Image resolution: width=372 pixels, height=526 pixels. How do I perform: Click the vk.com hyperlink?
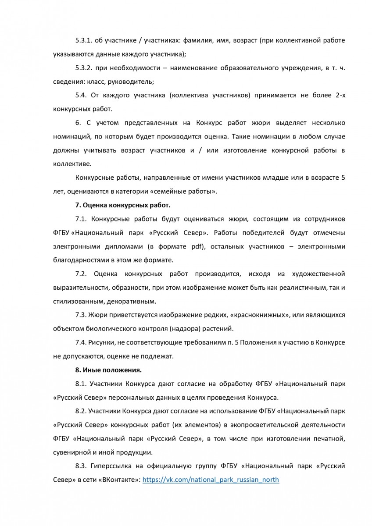211,480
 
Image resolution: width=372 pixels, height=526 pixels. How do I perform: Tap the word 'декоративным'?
127,301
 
